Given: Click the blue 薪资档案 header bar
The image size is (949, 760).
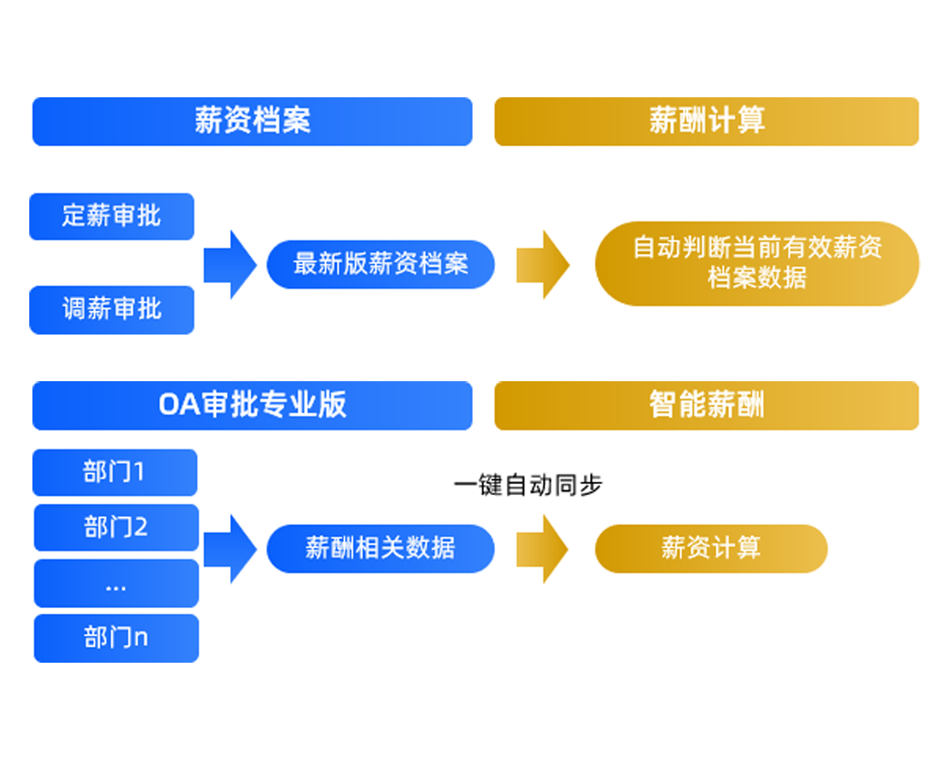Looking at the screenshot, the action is pos(252,121).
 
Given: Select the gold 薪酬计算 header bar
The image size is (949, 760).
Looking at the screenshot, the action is pos(706,121).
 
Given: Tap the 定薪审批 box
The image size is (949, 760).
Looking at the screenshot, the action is pos(112,217).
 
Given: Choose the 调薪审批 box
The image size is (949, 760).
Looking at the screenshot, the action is pos(112,310).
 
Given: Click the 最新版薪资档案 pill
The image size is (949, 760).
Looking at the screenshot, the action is pos(380,265).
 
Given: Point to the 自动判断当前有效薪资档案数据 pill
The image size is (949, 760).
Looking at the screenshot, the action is pos(757,264).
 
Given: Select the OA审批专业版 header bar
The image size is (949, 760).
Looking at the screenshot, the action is pos(252,406).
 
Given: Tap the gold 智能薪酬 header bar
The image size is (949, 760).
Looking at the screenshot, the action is pos(706,406).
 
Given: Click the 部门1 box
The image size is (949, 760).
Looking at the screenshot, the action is pos(115,472).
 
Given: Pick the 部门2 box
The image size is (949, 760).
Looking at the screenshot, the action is pos(116,527).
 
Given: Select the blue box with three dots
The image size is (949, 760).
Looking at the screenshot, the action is pos(116,583).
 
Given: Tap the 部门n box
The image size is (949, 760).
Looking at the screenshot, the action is pos(116,638).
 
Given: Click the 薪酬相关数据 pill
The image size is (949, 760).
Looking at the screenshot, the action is pos(380,549).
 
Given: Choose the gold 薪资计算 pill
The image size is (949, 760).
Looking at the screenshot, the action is pos(711,549).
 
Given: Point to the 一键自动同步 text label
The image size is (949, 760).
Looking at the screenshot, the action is pos(527,486).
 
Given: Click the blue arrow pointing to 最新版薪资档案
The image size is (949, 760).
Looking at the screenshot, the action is pos(230,265).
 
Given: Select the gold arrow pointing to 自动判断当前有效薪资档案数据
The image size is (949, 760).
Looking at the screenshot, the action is pos(543,265).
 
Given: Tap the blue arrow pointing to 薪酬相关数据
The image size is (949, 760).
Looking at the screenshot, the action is pos(230,549).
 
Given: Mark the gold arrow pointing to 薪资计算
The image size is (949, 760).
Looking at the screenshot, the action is pos(543,549).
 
